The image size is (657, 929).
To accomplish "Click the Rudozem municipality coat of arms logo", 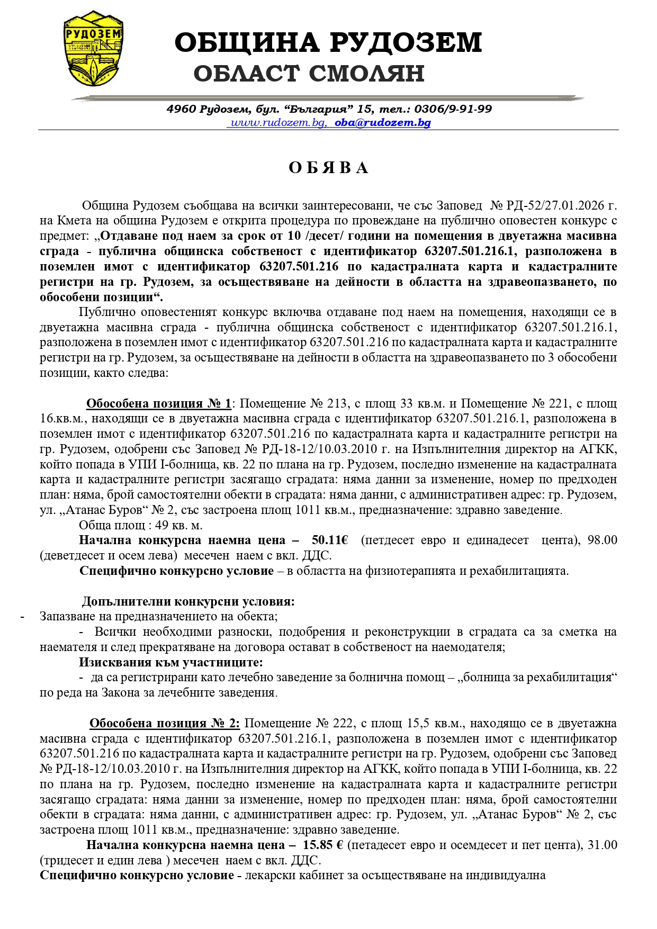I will (x=91, y=48).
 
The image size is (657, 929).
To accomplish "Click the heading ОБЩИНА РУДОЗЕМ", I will (x=328, y=42).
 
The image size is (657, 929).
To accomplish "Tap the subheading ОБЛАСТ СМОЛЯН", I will (x=309, y=74).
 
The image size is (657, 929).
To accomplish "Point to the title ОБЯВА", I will (x=328, y=168).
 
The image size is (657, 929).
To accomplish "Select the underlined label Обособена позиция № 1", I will (x=159, y=404).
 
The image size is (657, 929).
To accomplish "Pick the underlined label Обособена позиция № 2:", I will (x=165, y=724).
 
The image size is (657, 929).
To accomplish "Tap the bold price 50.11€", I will (x=330, y=540).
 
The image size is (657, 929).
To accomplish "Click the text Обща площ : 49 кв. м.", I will (x=141, y=526).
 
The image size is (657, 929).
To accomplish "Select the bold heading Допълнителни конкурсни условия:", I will (x=188, y=602).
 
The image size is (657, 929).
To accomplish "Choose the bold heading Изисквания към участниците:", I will (x=170, y=663).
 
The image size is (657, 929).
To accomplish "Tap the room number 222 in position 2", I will (x=344, y=724).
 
